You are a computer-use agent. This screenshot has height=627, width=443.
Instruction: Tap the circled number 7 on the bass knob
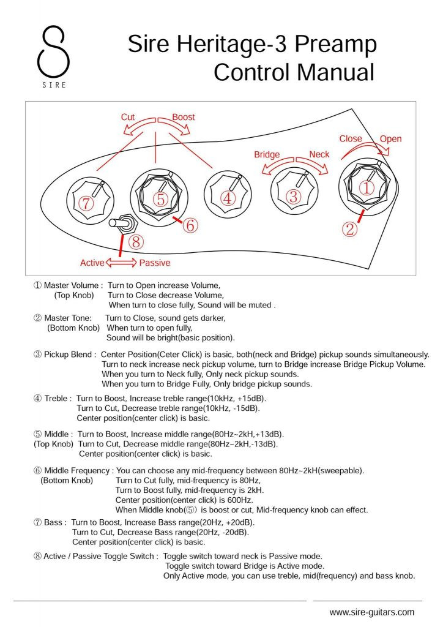(86, 204)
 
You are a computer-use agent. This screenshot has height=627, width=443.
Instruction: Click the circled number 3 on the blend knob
(294, 197)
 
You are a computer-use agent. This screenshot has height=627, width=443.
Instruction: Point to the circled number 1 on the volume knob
(366, 188)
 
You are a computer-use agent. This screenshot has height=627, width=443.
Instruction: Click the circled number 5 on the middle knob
(160, 199)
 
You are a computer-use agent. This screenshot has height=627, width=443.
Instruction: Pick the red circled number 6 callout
(190, 225)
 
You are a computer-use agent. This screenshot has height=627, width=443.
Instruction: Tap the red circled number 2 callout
(349, 229)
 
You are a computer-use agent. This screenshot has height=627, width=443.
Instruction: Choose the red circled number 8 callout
(136, 241)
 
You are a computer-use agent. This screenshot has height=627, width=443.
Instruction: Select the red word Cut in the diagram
(128, 117)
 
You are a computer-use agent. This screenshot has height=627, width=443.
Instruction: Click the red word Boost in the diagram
(183, 117)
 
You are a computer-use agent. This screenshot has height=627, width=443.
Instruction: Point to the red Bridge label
(267, 155)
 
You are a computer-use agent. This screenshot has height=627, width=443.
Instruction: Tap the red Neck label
(319, 155)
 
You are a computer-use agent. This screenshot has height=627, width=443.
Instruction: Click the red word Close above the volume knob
(351, 139)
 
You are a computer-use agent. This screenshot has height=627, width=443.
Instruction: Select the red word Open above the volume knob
(390, 139)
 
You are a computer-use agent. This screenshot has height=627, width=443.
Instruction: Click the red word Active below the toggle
(92, 263)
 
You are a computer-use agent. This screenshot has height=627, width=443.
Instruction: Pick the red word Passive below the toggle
(155, 263)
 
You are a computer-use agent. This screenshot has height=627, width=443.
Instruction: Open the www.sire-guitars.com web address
(371, 612)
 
